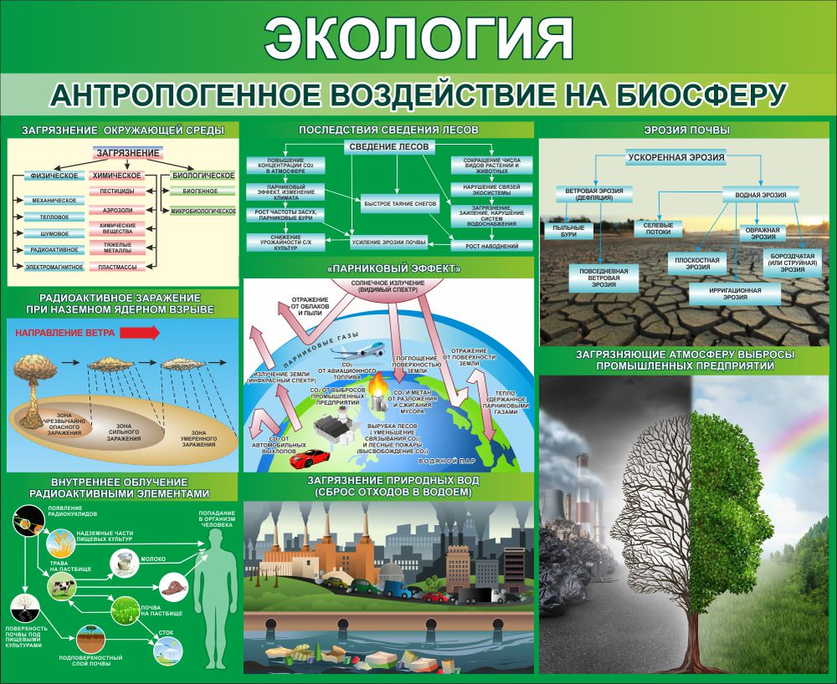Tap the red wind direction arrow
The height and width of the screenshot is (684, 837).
[139, 332]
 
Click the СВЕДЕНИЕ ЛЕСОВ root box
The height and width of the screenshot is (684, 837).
[389, 146]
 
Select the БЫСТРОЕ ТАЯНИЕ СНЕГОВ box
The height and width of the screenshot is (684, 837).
[400, 202]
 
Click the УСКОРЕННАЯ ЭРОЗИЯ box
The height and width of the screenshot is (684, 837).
[676, 157]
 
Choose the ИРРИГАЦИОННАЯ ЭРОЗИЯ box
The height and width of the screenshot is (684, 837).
[734, 294]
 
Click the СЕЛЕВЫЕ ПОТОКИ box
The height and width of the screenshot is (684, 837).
[658, 227]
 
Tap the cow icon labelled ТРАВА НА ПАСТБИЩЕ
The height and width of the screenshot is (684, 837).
[62, 589]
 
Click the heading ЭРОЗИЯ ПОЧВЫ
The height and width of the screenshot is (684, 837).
[687, 130]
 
